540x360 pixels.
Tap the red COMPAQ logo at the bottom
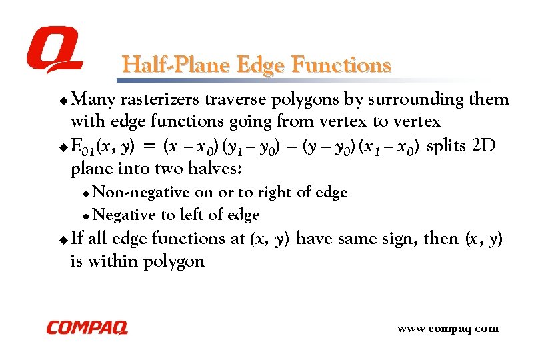pos(87,328)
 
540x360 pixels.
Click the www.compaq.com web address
pos(447,329)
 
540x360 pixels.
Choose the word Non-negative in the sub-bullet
pos(142,193)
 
